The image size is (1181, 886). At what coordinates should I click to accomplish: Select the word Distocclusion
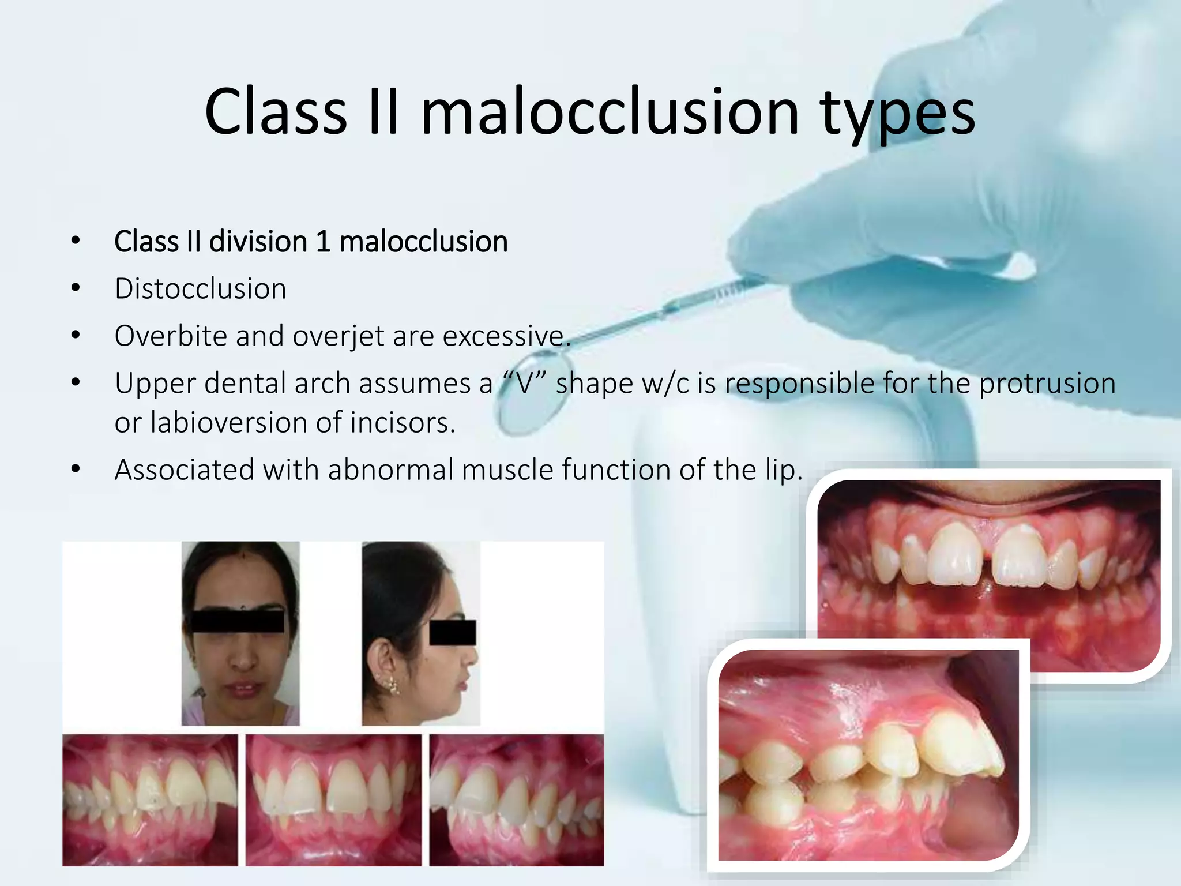[x=200, y=288]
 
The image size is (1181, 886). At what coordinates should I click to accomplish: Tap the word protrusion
[x=1047, y=384]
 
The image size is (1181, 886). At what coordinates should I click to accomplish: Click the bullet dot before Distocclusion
[x=76, y=288]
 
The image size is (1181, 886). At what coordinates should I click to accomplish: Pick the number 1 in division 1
[x=323, y=242]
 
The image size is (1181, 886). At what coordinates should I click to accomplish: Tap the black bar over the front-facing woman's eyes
[x=238, y=621]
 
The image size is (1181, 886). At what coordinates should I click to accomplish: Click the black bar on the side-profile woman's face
[x=453, y=632]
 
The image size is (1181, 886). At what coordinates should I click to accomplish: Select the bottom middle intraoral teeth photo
[x=333, y=799]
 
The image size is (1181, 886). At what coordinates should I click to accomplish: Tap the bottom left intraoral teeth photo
[x=150, y=799]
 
